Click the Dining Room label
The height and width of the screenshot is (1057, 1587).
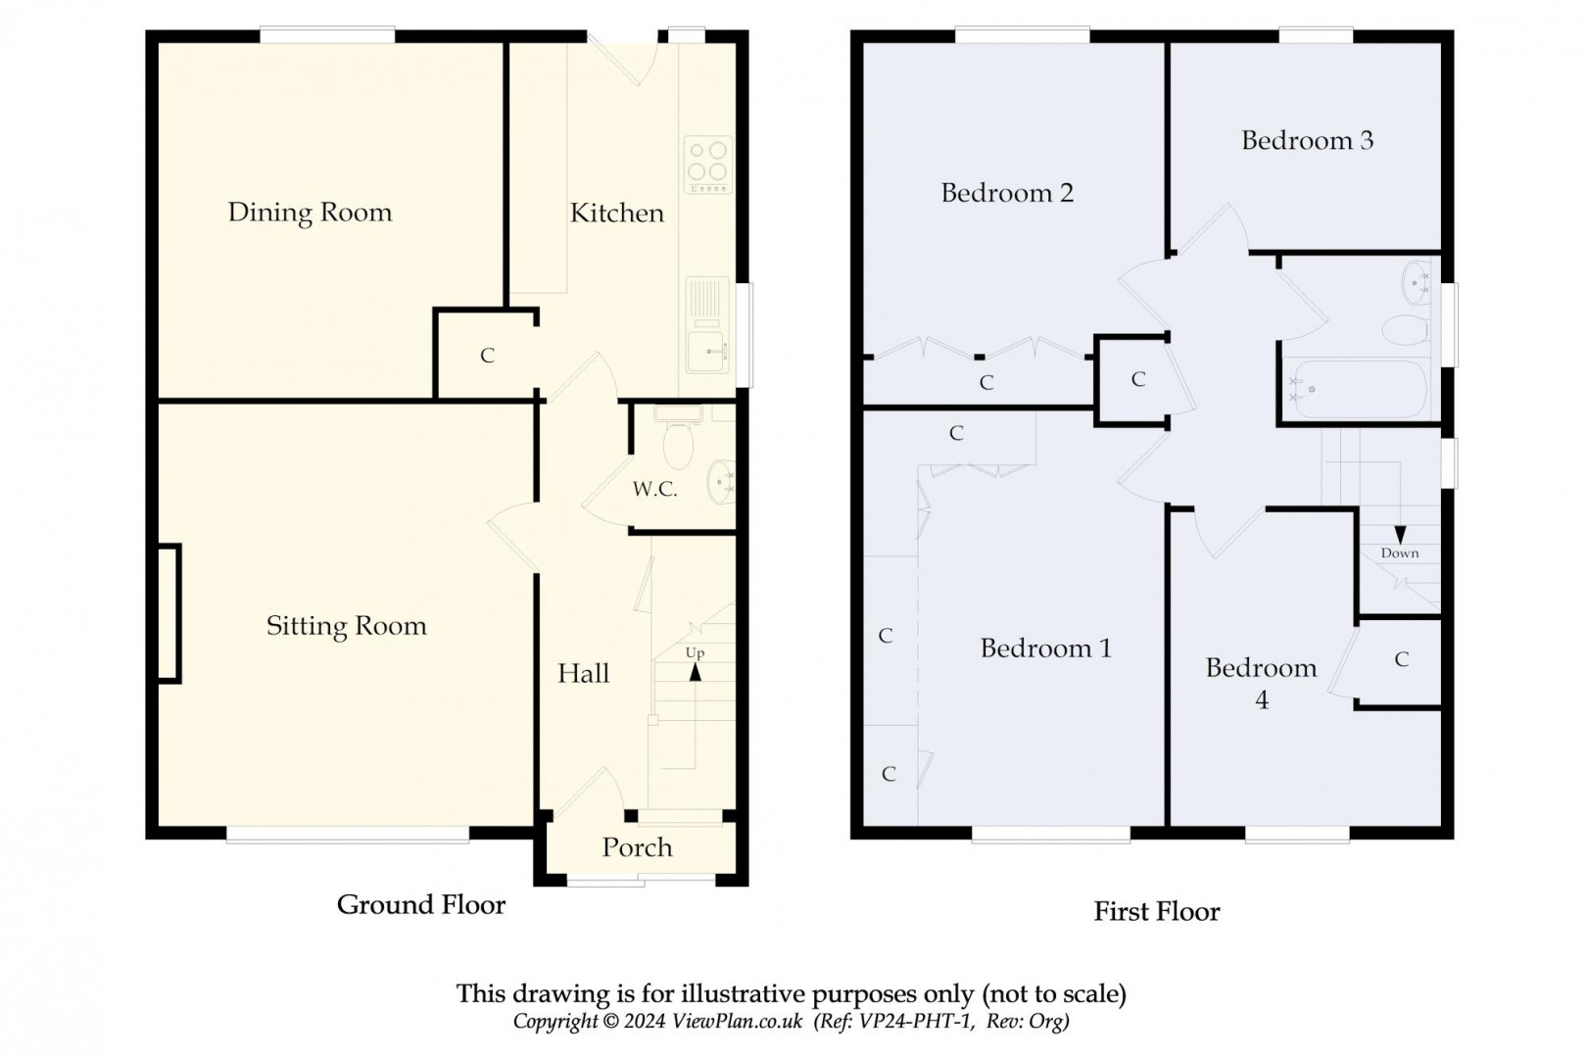[310, 213]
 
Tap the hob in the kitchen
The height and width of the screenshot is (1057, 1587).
[707, 164]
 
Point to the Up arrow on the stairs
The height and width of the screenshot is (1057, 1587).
[696, 671]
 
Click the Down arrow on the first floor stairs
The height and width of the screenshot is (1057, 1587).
[1400, 535]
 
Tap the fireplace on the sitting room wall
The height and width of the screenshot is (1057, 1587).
[168, 613]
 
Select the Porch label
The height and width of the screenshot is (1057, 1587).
[637, 847]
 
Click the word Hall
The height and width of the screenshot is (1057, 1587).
[583, 673]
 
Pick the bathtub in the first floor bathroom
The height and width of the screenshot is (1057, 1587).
[1357, 390]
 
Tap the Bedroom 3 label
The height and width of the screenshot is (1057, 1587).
[1307, 140]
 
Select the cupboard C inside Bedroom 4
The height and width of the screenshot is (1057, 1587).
[1401, 660]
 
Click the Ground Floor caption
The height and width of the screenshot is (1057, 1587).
[421, 904]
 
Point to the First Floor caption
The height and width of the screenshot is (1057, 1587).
[1156, 912]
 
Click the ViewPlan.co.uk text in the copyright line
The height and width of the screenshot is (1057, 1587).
[737, 1022]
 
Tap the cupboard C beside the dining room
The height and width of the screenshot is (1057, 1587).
[487, 356]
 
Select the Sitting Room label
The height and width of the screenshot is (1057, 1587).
[346, 626]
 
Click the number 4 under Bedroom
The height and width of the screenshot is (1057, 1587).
[1262, 700]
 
